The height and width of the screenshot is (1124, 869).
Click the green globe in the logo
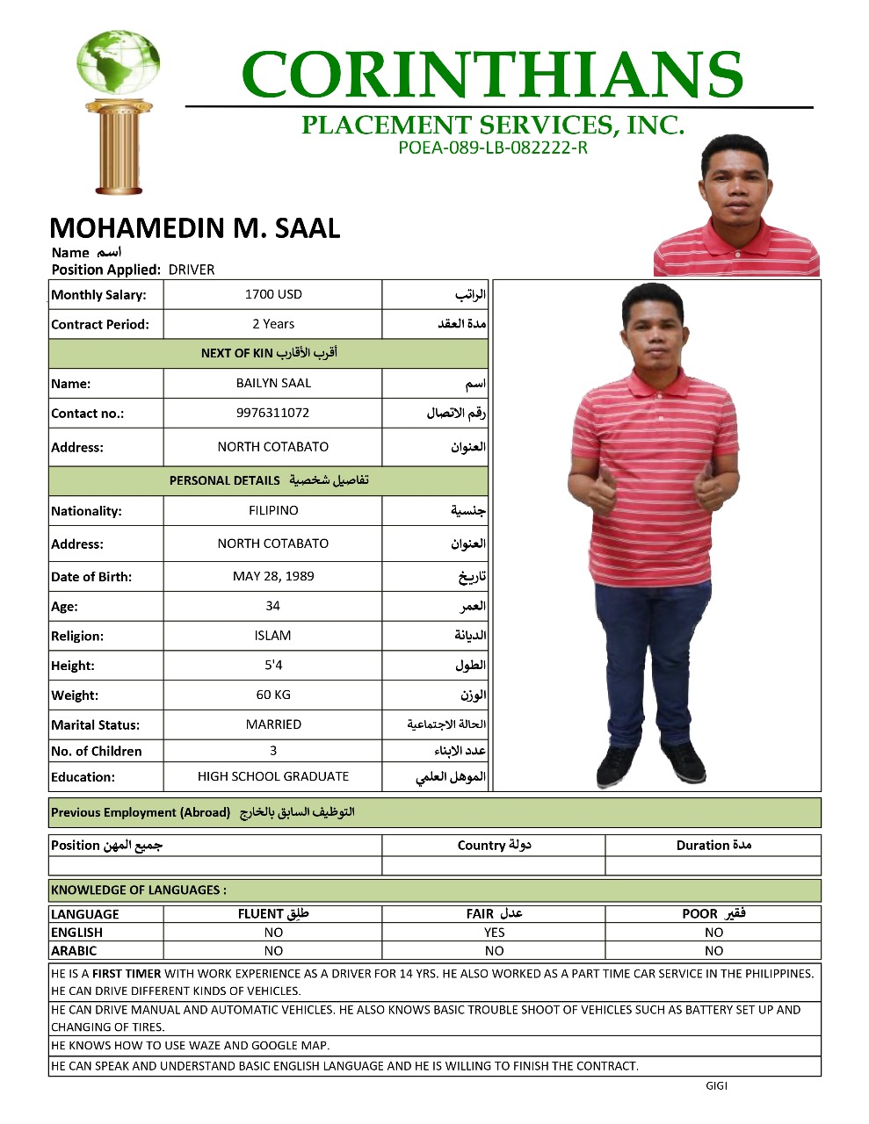point(118,64)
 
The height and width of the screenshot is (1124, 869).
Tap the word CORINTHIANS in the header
point(492,76)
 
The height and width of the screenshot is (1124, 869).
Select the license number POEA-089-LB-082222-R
point(492,148)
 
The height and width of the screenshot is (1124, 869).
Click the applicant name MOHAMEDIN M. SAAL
point(195,228)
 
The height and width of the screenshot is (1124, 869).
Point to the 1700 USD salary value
point(273,294)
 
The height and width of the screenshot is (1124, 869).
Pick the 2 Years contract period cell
point(273,324)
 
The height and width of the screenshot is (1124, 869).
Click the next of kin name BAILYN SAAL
point(273,383)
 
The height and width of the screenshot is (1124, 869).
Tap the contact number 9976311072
point(273,413)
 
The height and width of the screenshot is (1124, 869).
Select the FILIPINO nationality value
point(273,510)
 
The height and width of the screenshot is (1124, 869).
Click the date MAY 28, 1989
point(273,576)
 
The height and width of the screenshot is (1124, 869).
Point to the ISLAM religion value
point(273,636)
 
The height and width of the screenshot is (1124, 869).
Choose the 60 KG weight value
point(273,695)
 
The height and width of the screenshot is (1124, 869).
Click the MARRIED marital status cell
point(273,724)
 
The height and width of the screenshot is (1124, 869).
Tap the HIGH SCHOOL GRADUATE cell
point(273,776)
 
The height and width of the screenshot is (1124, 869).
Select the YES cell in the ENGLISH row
point(494,933)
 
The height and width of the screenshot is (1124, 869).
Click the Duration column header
point(713,845)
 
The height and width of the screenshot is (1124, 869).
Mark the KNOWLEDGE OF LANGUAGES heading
point(139,890)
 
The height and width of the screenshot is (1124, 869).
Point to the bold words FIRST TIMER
point(127,973)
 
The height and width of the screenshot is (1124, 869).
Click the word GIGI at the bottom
point(716,1085)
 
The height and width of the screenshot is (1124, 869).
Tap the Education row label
point(83,776)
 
